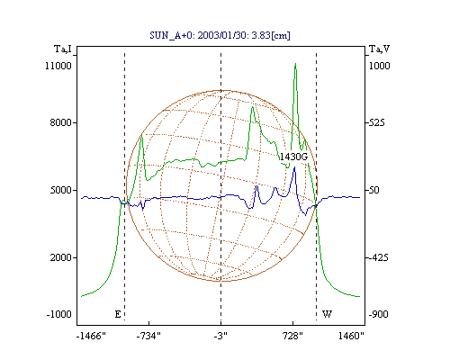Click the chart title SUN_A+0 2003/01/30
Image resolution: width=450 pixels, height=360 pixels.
[x=220, y=35]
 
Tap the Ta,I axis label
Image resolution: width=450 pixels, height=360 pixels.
[x=63, y=49]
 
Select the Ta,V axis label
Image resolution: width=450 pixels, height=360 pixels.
[x=379, y=49]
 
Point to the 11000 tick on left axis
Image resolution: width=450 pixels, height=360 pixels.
[x=58, y=66]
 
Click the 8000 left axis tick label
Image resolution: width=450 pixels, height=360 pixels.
[x=60, y=122]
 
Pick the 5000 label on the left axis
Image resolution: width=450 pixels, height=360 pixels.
[x=60, y=190]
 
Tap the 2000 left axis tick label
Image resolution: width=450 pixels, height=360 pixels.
[x=60, y=257]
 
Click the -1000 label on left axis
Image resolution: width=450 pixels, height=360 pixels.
[x=59, y=314]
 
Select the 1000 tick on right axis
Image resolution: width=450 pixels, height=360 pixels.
[x=379, y=66]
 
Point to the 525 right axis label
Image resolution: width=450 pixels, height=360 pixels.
[x=376, y=122]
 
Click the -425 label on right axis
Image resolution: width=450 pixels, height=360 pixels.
[x=378, y=257]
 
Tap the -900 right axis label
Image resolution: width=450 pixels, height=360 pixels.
[x=378, y=314]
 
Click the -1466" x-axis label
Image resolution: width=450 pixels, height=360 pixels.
[x=91, y=336]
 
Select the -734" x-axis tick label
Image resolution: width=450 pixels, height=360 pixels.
[x=148, y=336]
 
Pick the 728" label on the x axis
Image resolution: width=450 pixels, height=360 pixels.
[x=292, y=336]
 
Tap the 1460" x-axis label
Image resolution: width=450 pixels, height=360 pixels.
[x=351, y=336]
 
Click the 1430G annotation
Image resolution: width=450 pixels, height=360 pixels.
[x=293, y=157]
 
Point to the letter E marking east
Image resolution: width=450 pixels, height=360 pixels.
[x=118, y=314]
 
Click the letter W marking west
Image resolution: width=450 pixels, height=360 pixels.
[x=327, y=314]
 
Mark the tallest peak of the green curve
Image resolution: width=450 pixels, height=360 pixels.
[x=295, y=64]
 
